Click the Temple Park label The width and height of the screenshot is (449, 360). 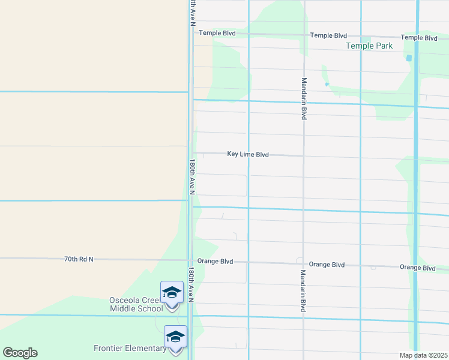pyautogui.click(x=369, y=46)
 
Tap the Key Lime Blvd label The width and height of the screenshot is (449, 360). pyautogui.click(x=247, y=154)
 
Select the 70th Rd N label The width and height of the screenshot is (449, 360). pyautogui.click(x=79, y=259)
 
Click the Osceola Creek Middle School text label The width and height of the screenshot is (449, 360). pyautogui.click(x=136, y=304)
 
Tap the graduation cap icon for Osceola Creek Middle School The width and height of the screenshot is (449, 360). pyautogui.click(x=172, y=293)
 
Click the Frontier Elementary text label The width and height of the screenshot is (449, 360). pyautogui.click(x=130, y=348)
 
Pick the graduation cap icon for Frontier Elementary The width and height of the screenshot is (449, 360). pyautogui.click(x=175, y=337)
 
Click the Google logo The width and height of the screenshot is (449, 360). pyautogui.click(x=20, y=353)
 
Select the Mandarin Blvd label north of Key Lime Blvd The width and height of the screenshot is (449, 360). pyautogui.click(x=304, y=98)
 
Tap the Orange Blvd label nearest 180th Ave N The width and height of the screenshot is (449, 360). pyautogui.click(x=214, y=262)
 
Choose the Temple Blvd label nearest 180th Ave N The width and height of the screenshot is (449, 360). pyautogui.click(x=217, y=33)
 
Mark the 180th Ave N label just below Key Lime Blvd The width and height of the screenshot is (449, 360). pyautogui.click(x=192, y=177)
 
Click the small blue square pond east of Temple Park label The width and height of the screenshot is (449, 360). pyautogui.click(x=409, y=58)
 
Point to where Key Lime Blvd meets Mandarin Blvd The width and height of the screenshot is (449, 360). pyautogui.click(x=304, y=155)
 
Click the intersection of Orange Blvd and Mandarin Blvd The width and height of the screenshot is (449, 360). pyautogui.click(x=304, y=263)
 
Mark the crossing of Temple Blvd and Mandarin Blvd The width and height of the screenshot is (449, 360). pyautogui.click(x=304, y=35)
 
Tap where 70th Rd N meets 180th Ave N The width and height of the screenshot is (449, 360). pyautogui.click(x=190, y=260)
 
